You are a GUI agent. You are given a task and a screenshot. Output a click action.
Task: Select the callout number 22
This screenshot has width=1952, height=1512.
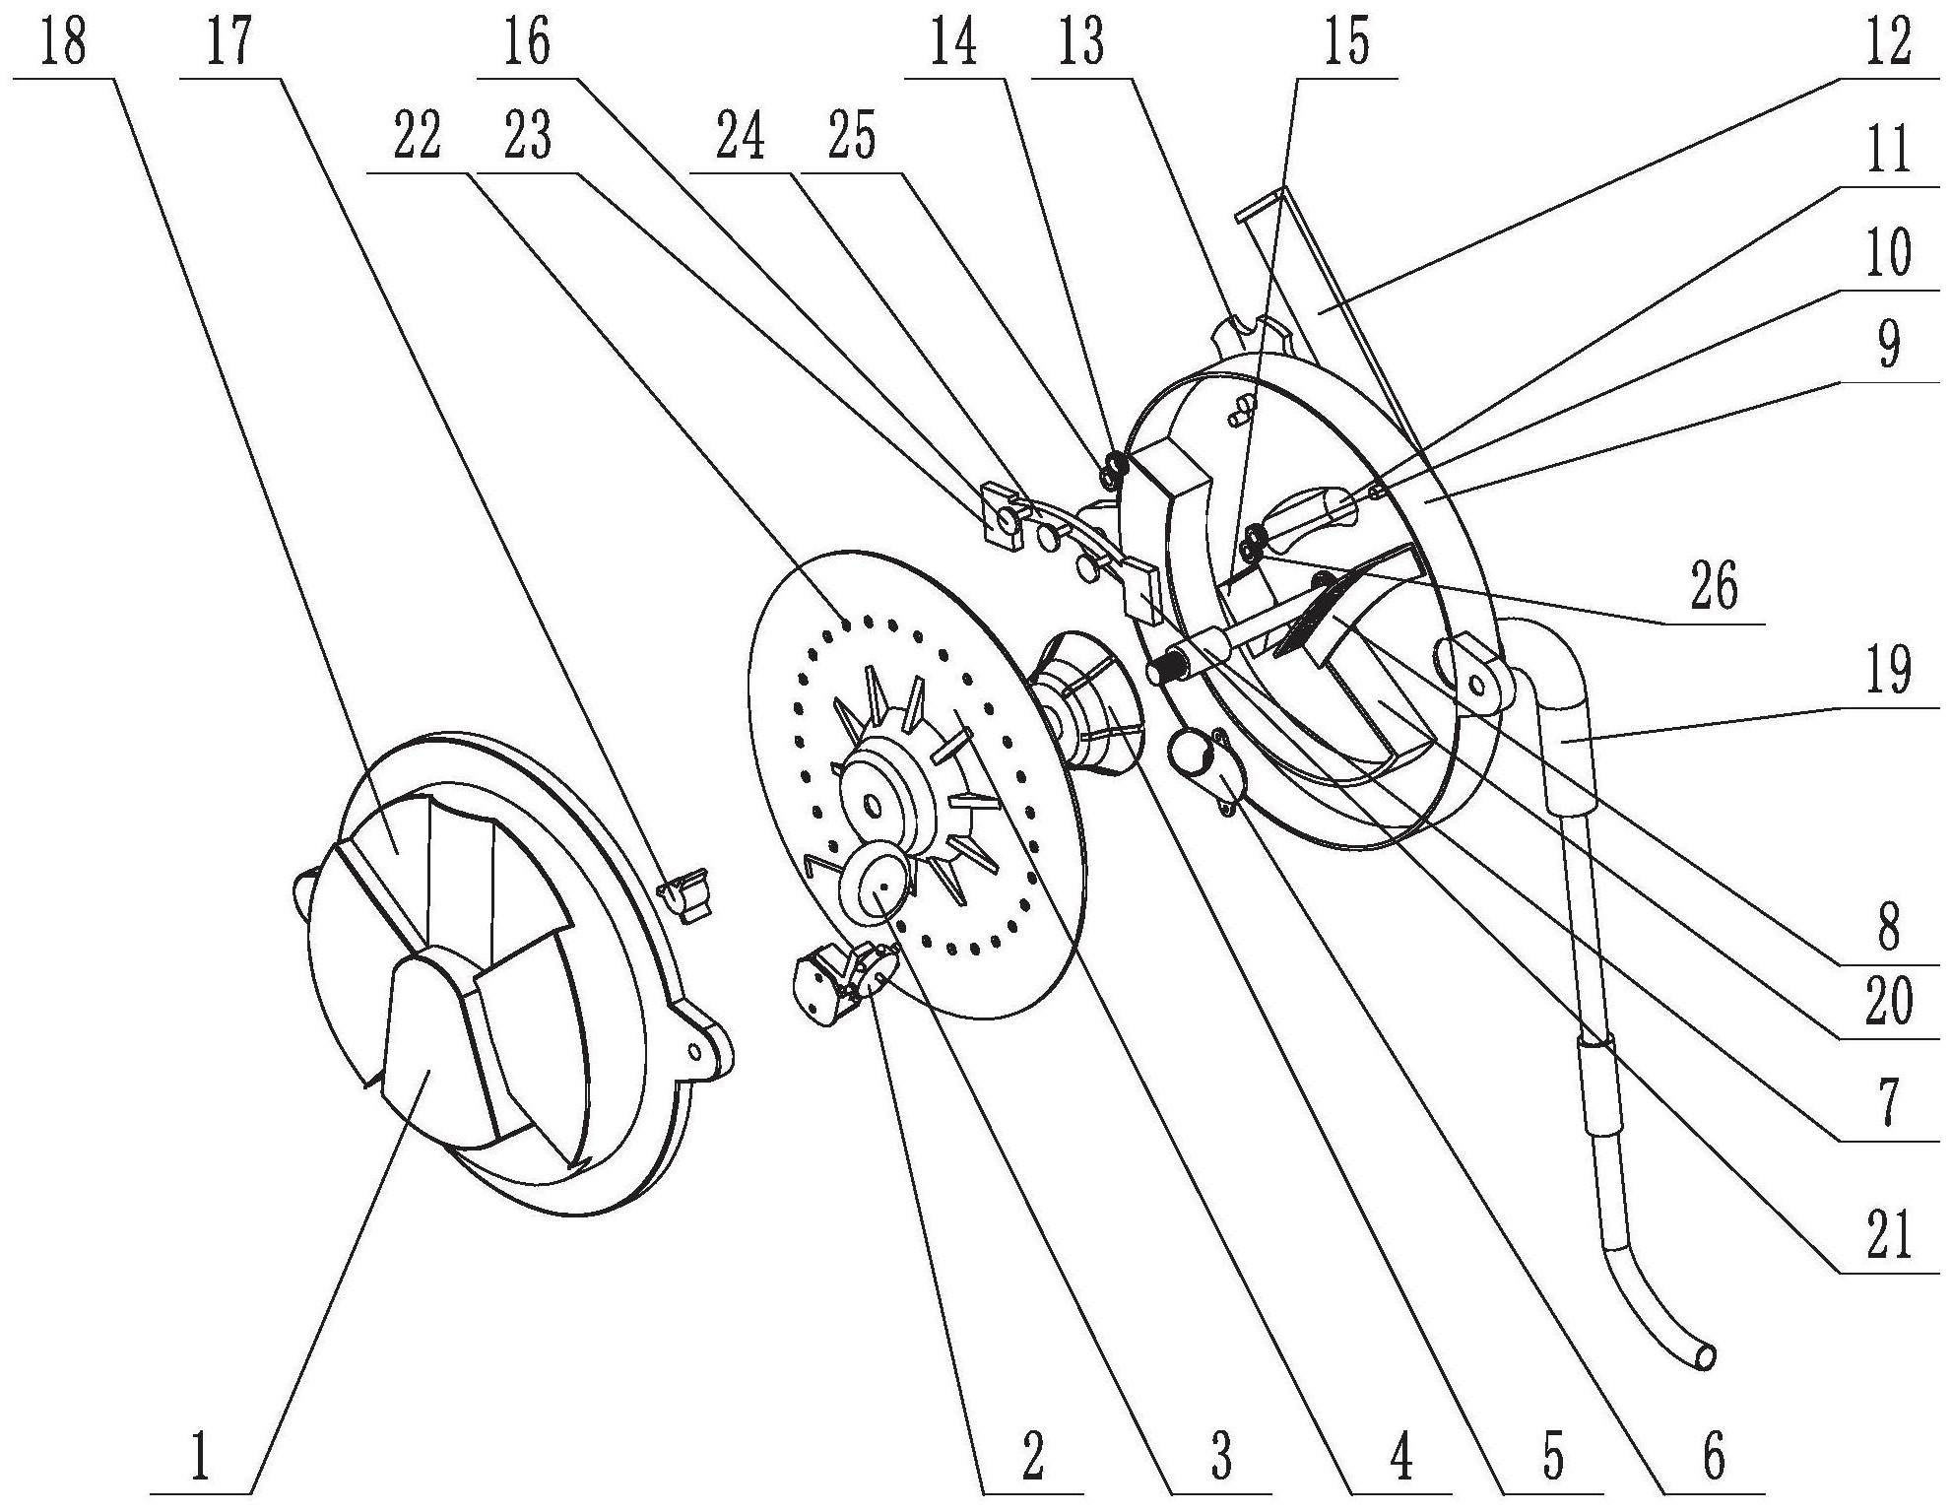[416, 138]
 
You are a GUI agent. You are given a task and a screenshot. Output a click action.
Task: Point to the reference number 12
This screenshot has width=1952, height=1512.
[1887, 44]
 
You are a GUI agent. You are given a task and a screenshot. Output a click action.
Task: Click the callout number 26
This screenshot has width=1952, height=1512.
[1715, 588]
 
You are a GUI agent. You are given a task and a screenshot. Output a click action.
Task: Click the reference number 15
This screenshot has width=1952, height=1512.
[1347, 44]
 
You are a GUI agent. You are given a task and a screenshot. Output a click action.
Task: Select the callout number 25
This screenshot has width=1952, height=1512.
[852, 138]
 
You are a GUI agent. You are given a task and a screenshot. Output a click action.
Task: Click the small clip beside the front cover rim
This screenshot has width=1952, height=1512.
[687, 891]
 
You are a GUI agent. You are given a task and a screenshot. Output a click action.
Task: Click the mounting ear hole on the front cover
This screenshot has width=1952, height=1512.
[696, 1052]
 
